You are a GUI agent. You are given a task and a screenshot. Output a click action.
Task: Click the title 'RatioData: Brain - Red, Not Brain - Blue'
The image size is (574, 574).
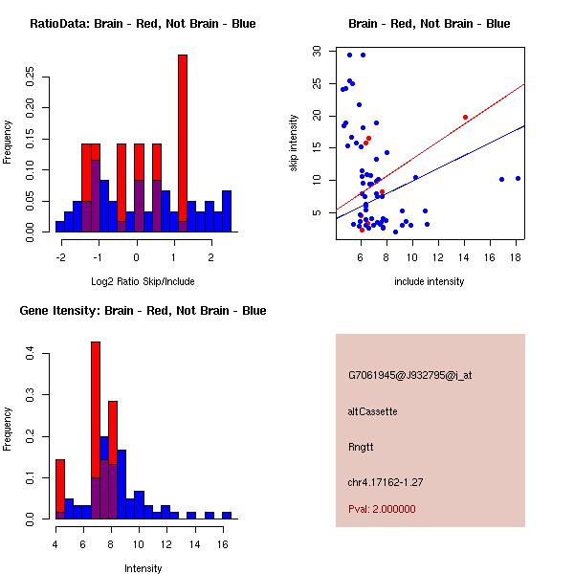143,24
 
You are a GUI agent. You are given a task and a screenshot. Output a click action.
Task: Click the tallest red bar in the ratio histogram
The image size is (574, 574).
182,143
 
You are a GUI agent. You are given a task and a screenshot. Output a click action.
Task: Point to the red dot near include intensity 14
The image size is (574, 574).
465,117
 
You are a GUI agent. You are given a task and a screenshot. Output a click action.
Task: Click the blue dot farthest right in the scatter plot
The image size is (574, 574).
518,178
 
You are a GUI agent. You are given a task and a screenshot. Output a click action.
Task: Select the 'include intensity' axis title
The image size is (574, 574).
430,281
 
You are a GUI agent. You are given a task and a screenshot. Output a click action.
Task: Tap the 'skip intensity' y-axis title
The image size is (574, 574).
294,143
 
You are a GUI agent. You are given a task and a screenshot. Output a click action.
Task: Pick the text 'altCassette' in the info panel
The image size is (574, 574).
373,411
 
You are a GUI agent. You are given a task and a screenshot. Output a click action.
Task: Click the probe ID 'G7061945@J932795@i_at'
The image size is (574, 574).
410,375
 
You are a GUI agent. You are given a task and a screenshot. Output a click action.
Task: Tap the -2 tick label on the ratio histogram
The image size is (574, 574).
60,256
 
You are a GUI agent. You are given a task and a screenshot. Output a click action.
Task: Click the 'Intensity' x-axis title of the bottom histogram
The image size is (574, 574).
143,568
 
